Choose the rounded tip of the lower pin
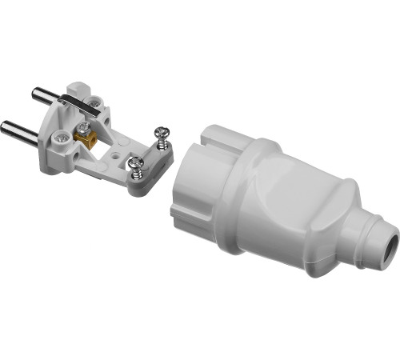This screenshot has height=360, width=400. click(x=7, y=129)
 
